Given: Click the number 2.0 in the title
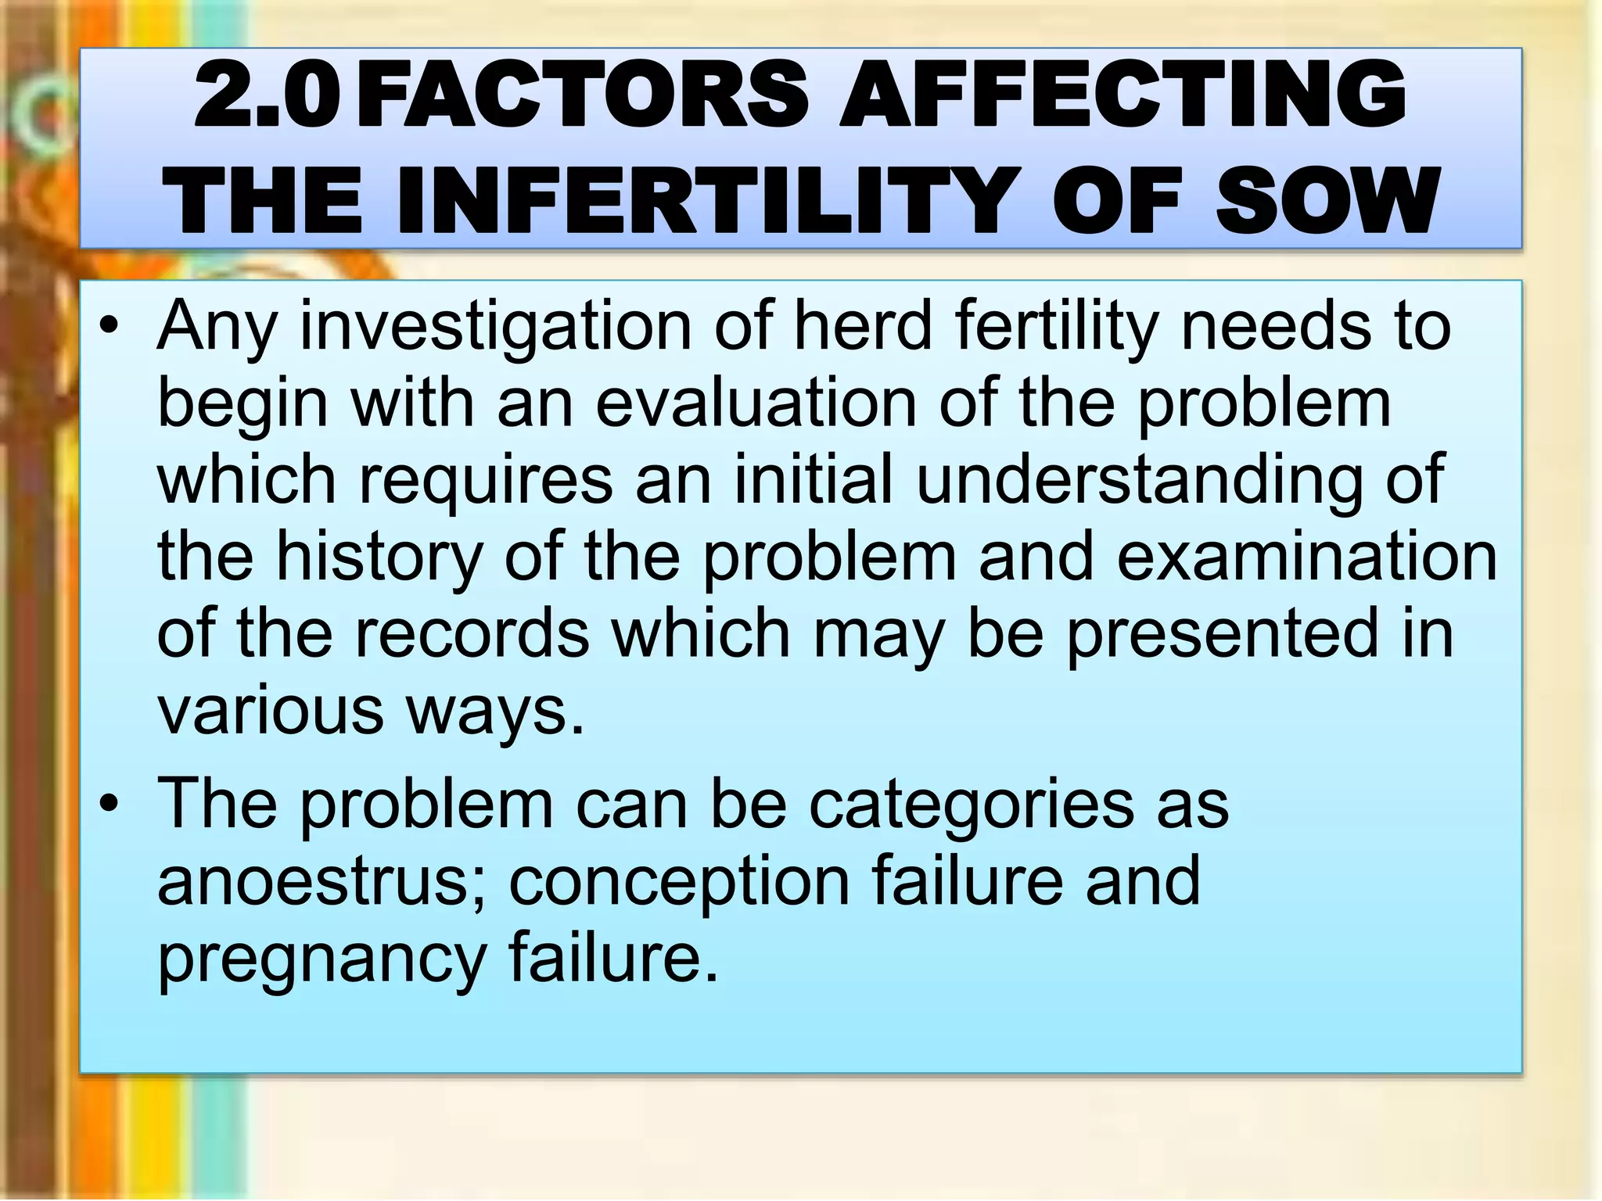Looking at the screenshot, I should [266, 96].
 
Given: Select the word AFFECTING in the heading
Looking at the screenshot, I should [1122, 96].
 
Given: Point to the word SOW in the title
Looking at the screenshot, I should [1327, 202].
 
